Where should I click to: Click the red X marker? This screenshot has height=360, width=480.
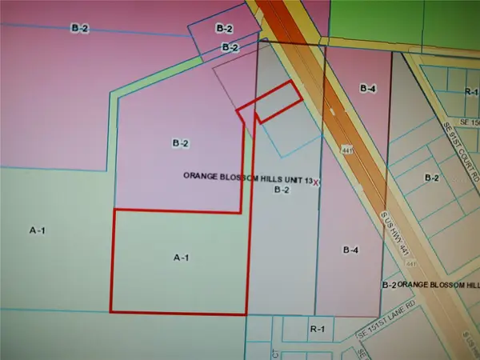tap(317, 182)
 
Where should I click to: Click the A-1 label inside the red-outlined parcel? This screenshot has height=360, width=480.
tap(181, 258)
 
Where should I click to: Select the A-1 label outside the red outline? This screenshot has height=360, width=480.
tap(38, 230)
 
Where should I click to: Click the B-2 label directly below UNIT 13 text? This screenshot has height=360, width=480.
tap(281, 190)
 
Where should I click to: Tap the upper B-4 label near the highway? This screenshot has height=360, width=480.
tap(368, 89)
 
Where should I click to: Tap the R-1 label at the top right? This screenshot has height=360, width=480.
tap(470, 92)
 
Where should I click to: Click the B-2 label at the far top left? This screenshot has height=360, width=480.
tap(79, 28)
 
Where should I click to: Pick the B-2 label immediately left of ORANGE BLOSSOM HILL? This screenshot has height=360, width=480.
tap(390, 285)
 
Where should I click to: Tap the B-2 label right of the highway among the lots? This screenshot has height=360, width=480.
tap(433, 177)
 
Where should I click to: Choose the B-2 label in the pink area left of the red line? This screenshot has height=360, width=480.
tap(180, 143)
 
